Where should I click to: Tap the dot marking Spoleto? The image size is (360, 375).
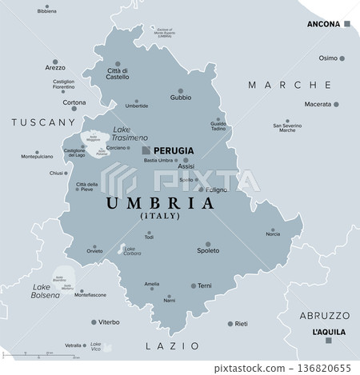point(207,243)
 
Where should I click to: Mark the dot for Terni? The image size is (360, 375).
point(193,285)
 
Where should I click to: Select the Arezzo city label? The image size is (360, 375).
point(56,68)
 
